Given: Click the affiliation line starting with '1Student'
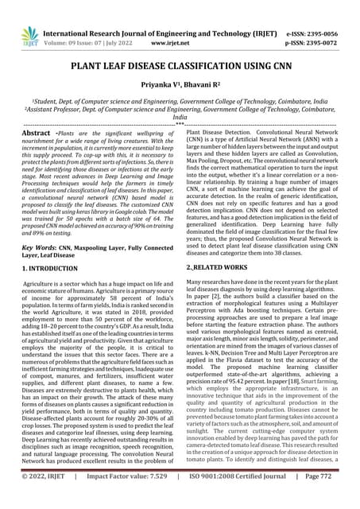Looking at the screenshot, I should [x=180, y=102].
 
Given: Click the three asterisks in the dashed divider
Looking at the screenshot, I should [x=180, y=124].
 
